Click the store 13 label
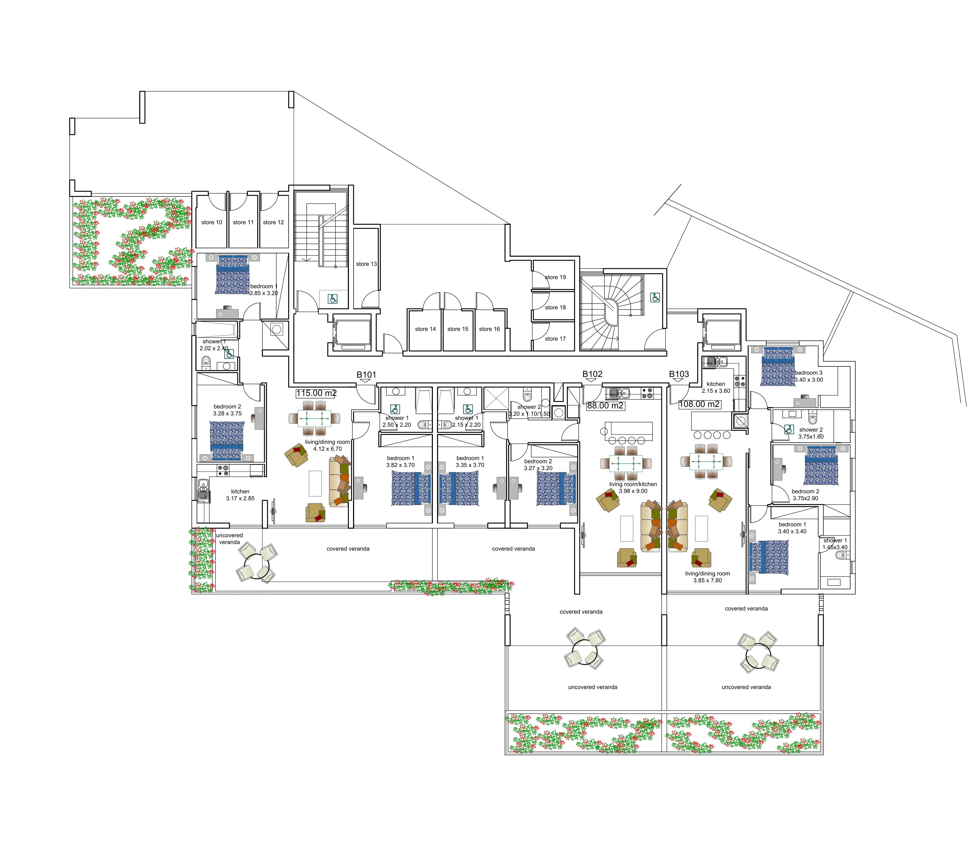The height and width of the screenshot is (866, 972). (x=366, y=264)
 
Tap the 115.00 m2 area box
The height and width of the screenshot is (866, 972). (x=316, y=394)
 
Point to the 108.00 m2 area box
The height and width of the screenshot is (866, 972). (x=699, y=404)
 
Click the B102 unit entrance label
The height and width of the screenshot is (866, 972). (x=592, y=374)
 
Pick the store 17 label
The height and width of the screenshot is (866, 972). (x=555, y=339)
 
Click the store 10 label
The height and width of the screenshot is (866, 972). (x=212, y=222)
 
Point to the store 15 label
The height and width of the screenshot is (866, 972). (x=458, y=329)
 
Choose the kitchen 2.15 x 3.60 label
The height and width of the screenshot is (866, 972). (x=716, y=387)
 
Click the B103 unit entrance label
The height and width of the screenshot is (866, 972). (x=679, y=374)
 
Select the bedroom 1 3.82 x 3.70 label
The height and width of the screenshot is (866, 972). (x=401, y=462)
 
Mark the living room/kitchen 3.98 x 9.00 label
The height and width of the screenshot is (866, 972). (x=633, y=488)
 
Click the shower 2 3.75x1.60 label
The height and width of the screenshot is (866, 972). (x=811, y=433)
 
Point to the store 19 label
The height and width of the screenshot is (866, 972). (x=555, y=277)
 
